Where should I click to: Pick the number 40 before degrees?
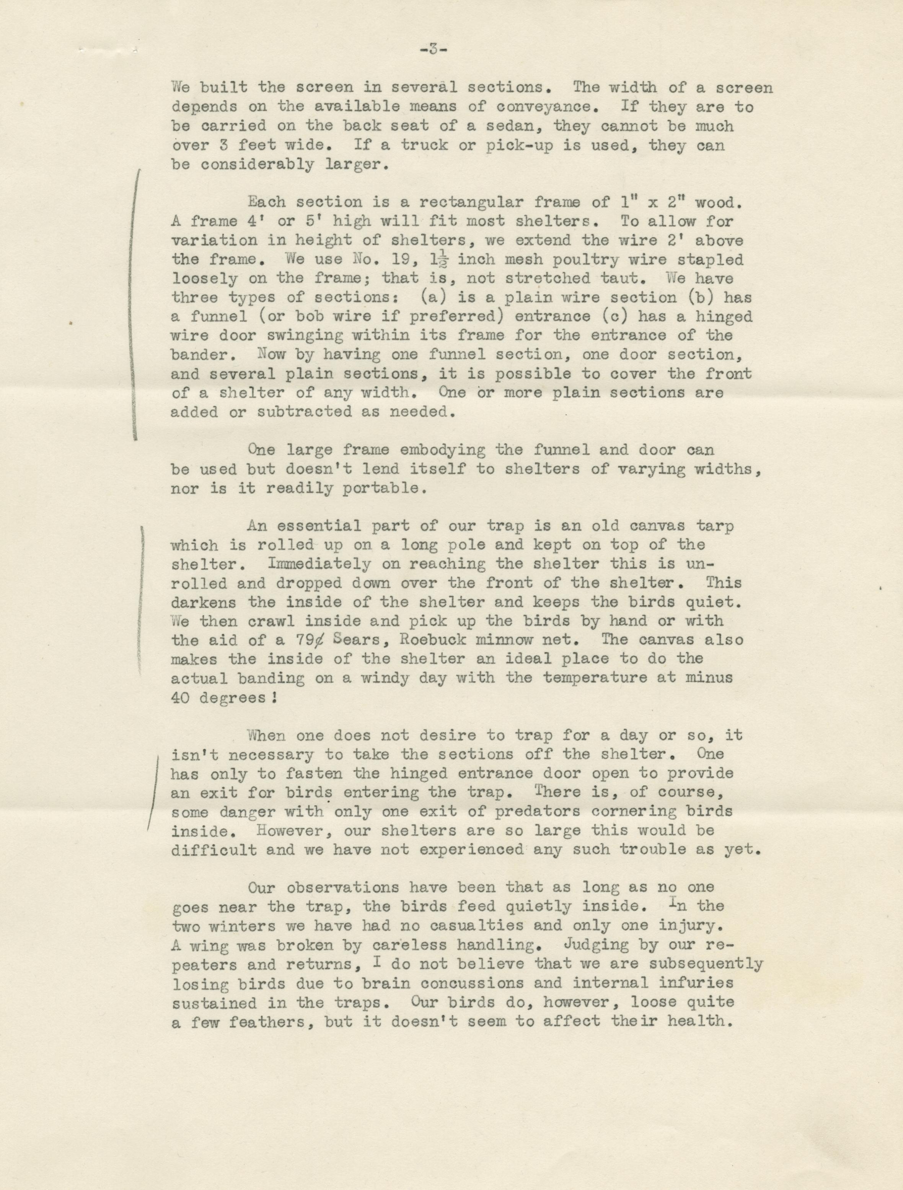[x=182, y=697]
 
